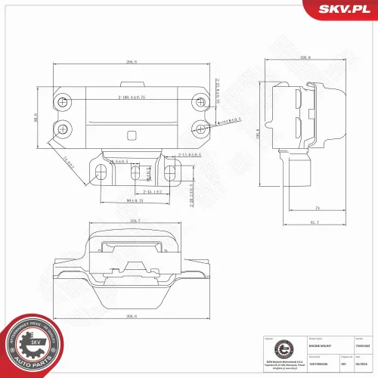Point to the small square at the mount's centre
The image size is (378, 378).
pos(132,137)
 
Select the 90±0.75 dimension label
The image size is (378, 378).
pos(135,201)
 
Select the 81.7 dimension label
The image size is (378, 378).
pos(314,222)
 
